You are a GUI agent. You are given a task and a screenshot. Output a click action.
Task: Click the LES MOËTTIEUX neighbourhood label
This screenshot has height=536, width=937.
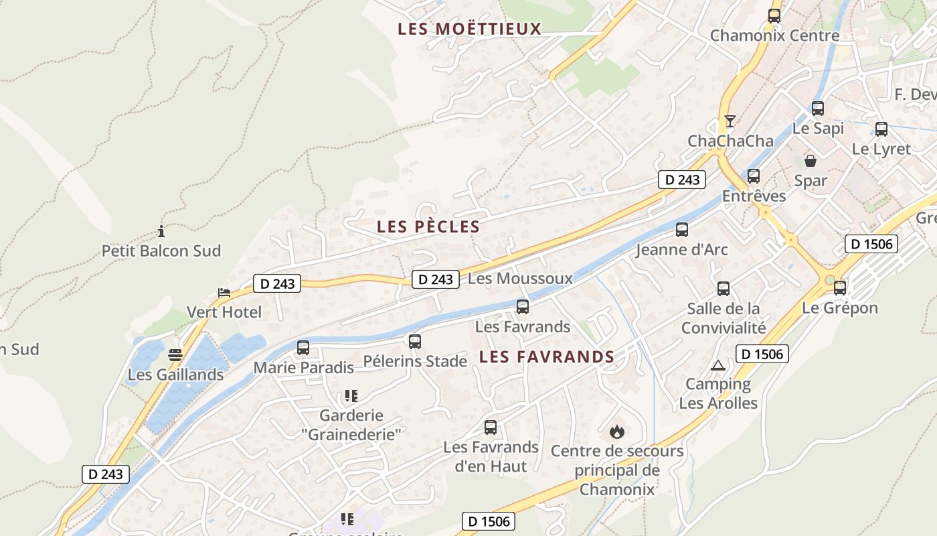469,29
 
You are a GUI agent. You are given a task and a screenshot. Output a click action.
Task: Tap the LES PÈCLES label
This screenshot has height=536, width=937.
428,226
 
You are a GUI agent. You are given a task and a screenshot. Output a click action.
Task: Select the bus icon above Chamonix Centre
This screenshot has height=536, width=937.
774,16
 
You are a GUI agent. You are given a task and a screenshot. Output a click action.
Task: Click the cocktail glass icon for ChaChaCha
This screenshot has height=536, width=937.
730,121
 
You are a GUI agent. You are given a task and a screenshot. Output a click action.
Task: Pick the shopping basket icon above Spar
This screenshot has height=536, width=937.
811,161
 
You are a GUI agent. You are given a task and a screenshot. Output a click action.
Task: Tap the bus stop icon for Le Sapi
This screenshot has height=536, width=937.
818,108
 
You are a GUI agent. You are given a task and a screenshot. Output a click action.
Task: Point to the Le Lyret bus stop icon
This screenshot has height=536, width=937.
881,129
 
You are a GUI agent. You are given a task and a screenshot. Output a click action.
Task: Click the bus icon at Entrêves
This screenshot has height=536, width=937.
754,176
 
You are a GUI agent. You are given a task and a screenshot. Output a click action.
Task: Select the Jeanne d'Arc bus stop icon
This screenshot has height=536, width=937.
682,230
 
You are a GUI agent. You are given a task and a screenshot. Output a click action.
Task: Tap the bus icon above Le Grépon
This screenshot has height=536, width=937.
840,288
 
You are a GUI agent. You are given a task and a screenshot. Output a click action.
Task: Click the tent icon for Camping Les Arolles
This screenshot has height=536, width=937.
718,365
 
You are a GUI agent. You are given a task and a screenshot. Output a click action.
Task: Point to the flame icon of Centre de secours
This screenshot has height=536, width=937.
617,431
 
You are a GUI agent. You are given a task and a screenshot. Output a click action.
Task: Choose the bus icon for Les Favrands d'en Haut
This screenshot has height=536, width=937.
491,427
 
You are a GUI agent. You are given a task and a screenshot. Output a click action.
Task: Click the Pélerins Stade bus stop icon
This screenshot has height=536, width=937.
415,342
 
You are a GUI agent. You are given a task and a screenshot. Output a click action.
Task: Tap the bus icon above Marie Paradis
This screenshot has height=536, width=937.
303,348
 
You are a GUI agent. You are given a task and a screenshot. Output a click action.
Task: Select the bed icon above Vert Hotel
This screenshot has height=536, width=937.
224,293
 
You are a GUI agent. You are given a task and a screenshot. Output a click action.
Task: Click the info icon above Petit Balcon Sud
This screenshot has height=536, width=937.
161,232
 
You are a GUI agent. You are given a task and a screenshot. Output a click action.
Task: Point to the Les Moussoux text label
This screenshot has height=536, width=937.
520,278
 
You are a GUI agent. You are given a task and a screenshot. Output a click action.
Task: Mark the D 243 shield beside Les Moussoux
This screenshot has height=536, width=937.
436,279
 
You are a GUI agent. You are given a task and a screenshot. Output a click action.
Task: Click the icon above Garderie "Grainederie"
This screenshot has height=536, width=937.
350,396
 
